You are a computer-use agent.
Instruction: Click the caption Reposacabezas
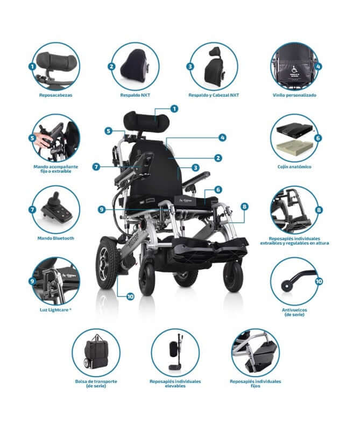pyautogui.click(x=55, y=95)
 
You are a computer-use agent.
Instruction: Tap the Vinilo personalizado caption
pyautogui.click(x=294, y=95)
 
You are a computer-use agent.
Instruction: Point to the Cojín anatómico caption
pyautogui.click(x=294, y=167)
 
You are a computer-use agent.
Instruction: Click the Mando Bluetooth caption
pyautogui.click(x=56, y=238)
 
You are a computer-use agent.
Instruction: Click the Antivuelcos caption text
pyautogui.click(x=294, y=312)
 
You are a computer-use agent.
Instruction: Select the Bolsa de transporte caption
pyautogui.click(x=96, y=383)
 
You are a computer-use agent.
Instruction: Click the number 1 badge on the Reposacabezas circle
pyautogui.click(x=32, y=67)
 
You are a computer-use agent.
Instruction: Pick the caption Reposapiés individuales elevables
pyautogui.click(x=175, y=383)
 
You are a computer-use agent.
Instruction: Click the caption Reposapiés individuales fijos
pyautogui.click(x=255, y=383)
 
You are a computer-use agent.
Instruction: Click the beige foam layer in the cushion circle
pyautogui.click(x=293, y=147)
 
